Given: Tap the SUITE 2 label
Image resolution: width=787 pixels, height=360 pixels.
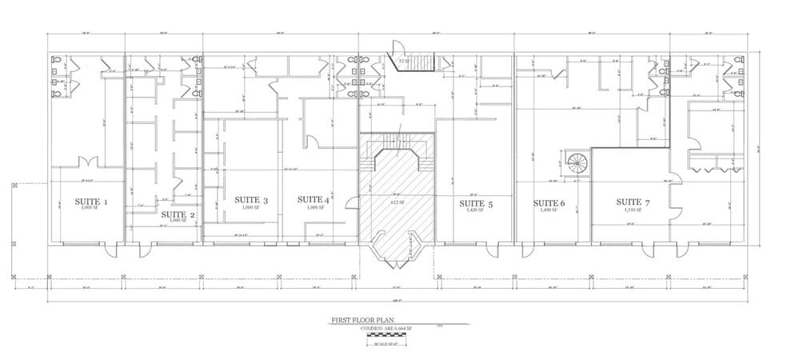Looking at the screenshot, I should tap(178, 214).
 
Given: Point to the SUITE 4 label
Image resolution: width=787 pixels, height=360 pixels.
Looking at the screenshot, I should tap(314, 200).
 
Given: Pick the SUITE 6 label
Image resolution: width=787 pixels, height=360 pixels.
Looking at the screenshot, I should tap(549, 203).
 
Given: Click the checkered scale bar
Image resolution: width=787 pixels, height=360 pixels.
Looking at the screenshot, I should tap(388, 335).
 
